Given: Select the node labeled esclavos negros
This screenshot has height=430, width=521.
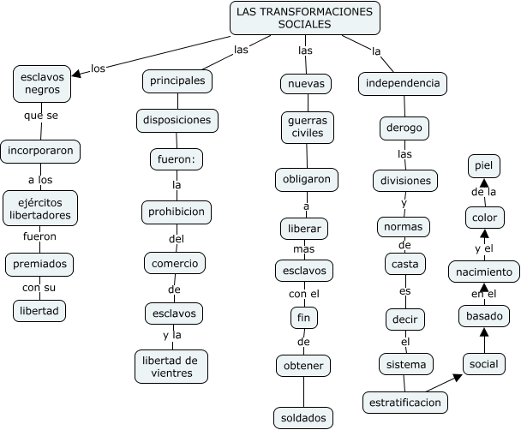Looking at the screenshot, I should [x=42, y=82].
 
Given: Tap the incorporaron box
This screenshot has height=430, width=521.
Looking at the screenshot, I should [x=41, y=151].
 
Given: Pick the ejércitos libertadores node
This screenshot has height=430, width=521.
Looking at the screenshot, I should [x=41, y=208].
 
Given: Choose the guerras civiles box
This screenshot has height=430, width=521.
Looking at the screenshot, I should [x=306, y=128].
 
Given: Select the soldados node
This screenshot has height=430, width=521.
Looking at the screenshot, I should [x=301, y=418].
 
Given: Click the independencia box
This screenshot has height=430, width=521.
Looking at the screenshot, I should [x=403, y=83].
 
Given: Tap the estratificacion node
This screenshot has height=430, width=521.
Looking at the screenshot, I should [x=405, y=401].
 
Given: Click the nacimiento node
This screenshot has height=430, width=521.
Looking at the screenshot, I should [x=484, y=272].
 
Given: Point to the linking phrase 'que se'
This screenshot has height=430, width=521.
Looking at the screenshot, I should [x=41, y=116].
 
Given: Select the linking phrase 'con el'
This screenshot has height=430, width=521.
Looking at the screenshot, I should [x=304, y=294].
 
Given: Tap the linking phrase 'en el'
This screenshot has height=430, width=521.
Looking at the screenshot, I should [x=483, y=294].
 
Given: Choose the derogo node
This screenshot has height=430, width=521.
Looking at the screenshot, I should [x=404, y=128].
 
